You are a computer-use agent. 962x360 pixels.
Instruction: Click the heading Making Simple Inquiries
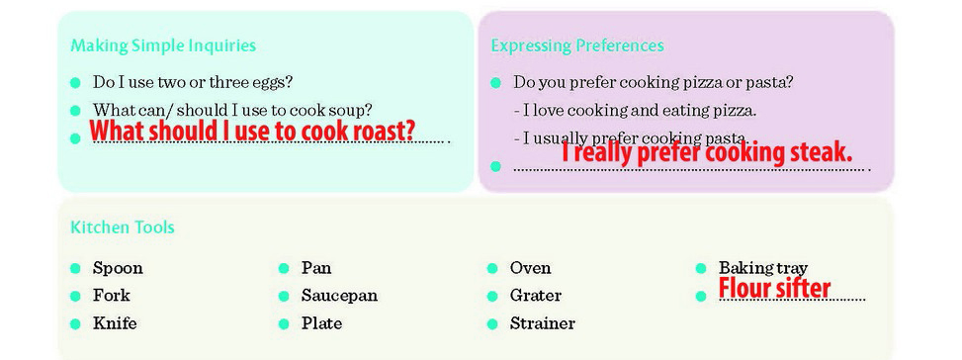(x=163, y=46)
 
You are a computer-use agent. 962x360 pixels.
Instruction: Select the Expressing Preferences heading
(x=577, y=46)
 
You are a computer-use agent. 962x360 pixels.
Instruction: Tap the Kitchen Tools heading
(x=123, y=227)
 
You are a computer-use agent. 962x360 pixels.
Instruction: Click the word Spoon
(x=118, y=269)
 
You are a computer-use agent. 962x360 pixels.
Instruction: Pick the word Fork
(x=112, y=296)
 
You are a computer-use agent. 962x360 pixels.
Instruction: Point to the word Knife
(x=115, y=323)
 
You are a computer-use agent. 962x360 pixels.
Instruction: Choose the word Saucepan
(x=339, y=297)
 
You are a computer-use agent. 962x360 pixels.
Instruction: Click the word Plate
(x=321, y=323)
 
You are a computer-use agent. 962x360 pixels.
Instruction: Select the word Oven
(x=530, y=268)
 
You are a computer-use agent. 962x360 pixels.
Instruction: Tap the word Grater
(x=536, y=296)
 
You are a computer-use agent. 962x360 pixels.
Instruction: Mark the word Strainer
(x=543, y=323)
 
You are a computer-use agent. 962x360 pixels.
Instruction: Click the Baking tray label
(x=763, y=269)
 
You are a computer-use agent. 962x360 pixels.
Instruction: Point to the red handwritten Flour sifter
(x=774, y=288)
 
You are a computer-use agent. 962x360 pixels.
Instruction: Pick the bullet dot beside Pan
(x=284, y=269)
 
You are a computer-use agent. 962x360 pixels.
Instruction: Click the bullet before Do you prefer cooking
(x=495, y=83)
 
